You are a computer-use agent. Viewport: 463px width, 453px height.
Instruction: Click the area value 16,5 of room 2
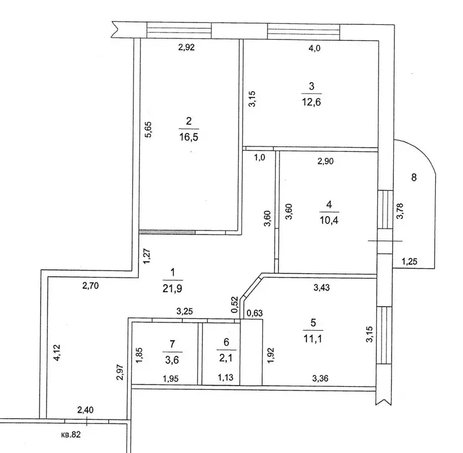click(x=189, y=137)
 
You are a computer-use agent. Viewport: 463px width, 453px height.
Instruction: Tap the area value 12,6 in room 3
click(x=311, y=102)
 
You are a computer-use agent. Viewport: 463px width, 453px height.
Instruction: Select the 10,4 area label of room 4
click(x=329, y=220)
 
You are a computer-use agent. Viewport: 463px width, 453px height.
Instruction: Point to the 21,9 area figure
click(x=172, y=288)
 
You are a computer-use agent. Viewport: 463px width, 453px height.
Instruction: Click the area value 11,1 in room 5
click(x=313, y=339)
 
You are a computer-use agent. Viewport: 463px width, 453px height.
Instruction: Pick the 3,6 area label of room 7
click(x=172, y=360)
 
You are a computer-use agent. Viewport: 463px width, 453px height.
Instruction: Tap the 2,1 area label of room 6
click(x=226, y=358)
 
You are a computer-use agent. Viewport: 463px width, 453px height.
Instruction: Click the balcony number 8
click(x=414, y=177)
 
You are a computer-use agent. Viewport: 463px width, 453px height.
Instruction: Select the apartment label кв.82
click(x=71, y=435)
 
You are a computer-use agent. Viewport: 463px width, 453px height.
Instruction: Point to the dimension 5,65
click(x=148, y=130)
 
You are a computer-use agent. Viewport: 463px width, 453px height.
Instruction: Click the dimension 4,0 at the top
click(x=314, y=48)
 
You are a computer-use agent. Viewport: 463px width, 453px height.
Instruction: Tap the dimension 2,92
click(x=187, y=47)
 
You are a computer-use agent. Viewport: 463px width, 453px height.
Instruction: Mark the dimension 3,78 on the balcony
click(x=400, y=211)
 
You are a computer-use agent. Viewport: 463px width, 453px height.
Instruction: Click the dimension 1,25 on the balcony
click(x=409, y=261)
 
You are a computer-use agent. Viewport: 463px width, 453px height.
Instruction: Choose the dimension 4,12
click(x=57, y=353)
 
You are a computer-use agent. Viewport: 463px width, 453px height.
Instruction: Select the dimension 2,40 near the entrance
click(x=85, y=410)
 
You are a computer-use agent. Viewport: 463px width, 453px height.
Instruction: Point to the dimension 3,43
click(x=321, y=287)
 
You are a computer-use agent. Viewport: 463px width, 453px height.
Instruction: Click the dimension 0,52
click(x=235, y=304)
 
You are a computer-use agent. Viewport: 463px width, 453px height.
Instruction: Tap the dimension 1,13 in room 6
click(x=226, y=377)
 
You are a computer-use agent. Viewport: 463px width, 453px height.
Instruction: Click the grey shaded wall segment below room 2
click(x=167, y=232)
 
